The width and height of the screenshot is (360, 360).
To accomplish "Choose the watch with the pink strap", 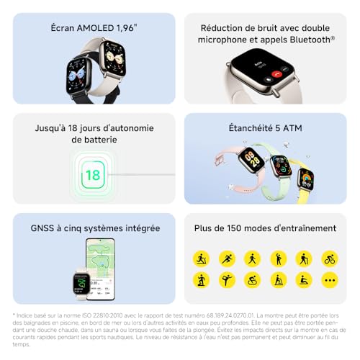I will pyautogui.click(x=250, y=161).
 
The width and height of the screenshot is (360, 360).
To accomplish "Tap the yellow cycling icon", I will pyautogui.click(x=330, y=258).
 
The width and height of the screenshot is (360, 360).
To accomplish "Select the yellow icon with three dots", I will pyautogui.click(x=330, y=279).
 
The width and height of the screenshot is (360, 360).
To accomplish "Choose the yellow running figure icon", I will pyautogui.click(x=227, y=258).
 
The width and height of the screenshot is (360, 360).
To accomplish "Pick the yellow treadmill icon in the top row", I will pyautogui.click(x=201, y=258).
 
